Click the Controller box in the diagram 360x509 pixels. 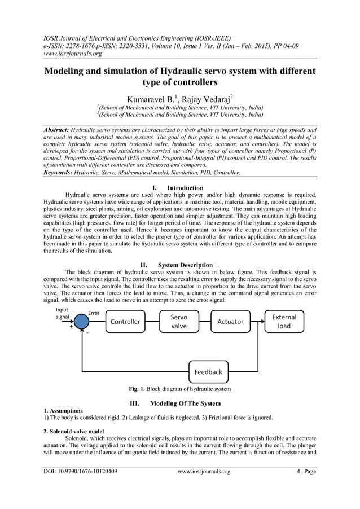125,322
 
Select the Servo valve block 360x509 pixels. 179,322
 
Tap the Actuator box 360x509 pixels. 230,322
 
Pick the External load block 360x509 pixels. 284,322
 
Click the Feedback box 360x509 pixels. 208,372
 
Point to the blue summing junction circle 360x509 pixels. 82,322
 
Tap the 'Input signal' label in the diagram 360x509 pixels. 62,313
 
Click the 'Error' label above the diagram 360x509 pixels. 94,313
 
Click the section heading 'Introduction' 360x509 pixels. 186,188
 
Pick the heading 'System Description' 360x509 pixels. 185,265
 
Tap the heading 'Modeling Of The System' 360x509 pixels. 186,403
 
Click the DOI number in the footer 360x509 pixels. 80,472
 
